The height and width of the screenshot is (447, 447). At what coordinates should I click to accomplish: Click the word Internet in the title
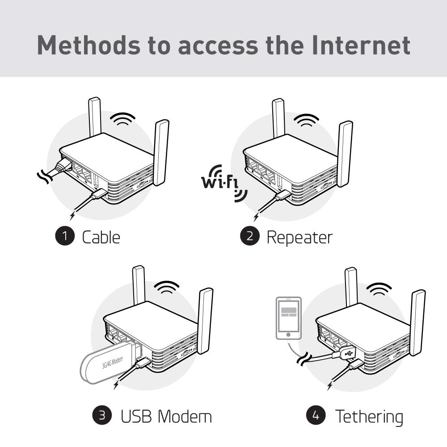361,45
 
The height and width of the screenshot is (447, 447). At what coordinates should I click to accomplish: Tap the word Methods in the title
89,45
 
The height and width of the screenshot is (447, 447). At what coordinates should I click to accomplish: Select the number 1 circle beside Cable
65,236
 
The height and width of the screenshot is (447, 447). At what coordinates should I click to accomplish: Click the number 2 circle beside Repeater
250,236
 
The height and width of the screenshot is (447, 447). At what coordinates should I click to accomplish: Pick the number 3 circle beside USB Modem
102,415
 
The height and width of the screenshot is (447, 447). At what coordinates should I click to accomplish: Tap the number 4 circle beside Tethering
316,415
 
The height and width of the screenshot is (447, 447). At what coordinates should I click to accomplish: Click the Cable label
101,237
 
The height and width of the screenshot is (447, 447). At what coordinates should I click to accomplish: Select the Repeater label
299,238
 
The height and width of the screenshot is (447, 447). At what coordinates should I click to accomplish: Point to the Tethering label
369,417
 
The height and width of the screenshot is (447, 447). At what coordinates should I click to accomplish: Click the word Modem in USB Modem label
185,417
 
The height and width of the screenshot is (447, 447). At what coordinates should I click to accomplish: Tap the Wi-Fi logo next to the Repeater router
224,183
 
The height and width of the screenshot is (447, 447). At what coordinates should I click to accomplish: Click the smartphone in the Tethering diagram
288,318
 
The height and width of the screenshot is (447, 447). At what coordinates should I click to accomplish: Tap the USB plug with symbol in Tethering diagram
346,354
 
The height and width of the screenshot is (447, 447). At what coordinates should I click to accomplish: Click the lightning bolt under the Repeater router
256,217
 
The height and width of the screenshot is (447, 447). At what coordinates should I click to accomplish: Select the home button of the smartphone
288,335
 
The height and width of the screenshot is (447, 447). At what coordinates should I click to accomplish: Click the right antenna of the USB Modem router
205,321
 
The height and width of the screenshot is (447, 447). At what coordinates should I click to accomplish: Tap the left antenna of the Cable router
95,117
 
